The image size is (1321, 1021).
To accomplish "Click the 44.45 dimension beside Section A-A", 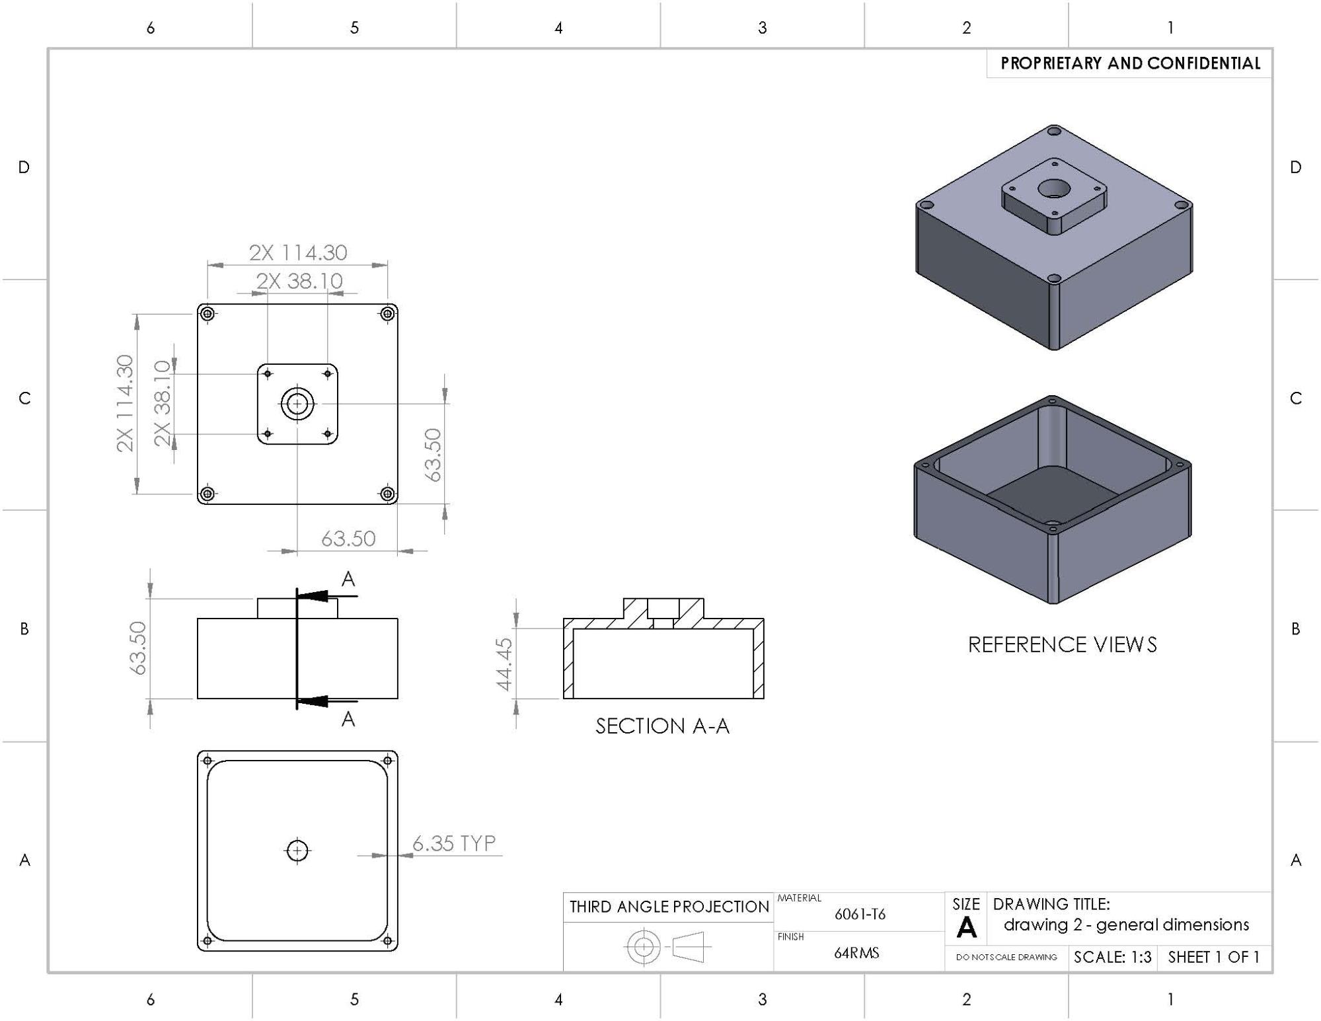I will pyautogui.click(x=504, y=663).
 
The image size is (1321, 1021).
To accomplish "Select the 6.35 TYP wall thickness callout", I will pyautogui.click(x=453, y=843).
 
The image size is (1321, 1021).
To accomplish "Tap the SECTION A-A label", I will pyautogui.click(x=662, y=726).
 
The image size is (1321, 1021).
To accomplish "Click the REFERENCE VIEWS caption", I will pyautogui.click(x=1062, y=644).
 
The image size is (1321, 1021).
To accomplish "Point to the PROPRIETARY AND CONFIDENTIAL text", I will pyautogui.click(x=1130, y=63).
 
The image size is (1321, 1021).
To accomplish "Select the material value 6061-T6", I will pyautogui.click(x=860, y=914).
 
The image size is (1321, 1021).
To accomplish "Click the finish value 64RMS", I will pyautogui.click(x=856, y=952).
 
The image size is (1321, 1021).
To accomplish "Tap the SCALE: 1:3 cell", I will pyautogui.click(x=1112, y=957).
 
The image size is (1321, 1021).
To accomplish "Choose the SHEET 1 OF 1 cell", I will pyautogui.click(x=1213, y=957).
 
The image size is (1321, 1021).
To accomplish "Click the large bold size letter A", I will pyautogui.click(x=966, y=928).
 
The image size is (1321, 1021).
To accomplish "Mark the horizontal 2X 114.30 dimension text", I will pyautogui.click(x=298, y=252).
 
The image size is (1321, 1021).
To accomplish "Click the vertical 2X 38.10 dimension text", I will pyautogui.click(x=163, y=403).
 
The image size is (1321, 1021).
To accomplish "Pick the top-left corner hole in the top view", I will pyautogui.click(x=208, y=313).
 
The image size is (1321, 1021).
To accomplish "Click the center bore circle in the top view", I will pyautogui.click(x=297, y=404).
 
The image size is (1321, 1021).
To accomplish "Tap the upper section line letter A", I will pyautogui.click(x=348, y=580).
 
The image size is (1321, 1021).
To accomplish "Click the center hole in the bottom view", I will pyautogui.click(x=297, y=851).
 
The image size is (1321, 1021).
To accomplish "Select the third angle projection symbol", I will pyautogui.click(x=667, y=947).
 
